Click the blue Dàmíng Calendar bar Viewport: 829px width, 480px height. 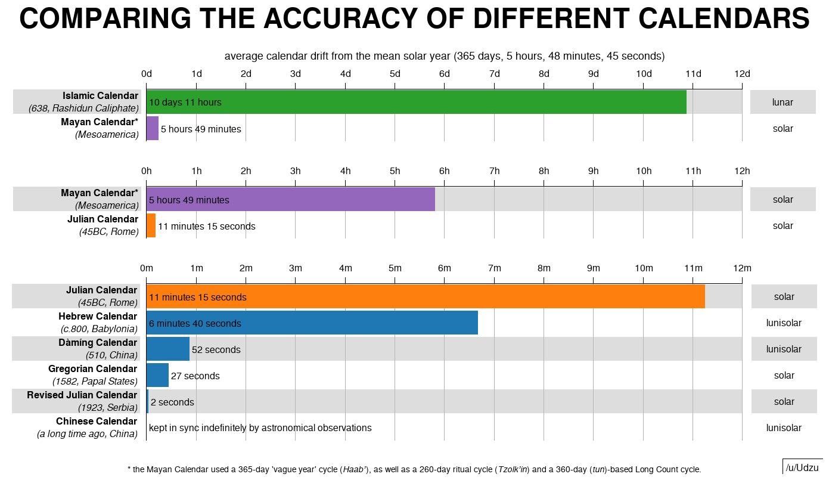coord(168,349)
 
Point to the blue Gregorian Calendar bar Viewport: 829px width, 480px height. coord(157,375)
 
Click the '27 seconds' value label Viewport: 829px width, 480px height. coord(195,376)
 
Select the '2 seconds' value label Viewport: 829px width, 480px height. coord(172,402)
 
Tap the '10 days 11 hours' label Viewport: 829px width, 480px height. coord(185,103)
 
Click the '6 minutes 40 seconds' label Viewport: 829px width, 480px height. coord(195,323)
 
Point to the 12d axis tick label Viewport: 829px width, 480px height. coord(742,73)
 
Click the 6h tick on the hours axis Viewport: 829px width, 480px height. coord(445,171)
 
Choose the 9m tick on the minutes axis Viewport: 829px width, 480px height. coord(594,268)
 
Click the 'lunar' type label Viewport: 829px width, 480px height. coord(783,102)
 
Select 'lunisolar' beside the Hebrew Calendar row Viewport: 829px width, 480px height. coord(784,323)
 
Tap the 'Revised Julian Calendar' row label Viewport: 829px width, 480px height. coord(82,395)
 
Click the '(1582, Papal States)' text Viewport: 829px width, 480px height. coord(95,381)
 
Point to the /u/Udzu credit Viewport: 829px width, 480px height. coord(802,467)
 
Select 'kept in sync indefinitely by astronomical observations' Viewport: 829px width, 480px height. coord(260,428)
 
